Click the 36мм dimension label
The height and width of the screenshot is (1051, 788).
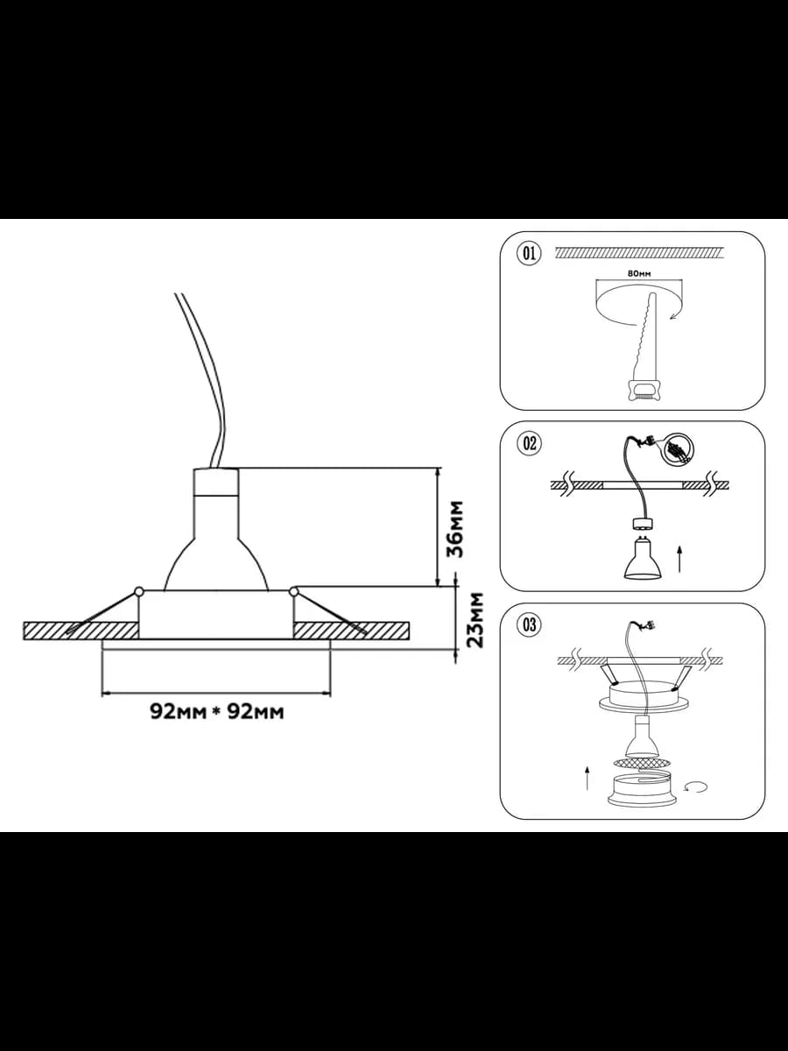(x=454, y=529)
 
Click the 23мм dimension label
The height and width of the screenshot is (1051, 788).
(x=475, y=620)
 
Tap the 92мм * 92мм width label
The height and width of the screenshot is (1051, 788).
(x=217, y=711)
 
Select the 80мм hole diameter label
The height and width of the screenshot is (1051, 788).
(x=639, y=274)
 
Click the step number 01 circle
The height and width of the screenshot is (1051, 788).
(x=530, y=253)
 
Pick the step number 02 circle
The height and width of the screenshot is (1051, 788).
(x=530, y=443)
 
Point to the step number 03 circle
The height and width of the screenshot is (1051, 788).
(x=530, y=624)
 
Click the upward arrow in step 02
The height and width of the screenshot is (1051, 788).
(x=679, y=560)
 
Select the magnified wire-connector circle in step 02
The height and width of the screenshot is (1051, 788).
(x=679, y=450)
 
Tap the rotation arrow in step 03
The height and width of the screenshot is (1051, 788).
(x=697, y=786)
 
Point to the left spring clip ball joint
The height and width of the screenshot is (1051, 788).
(x=138, y=592)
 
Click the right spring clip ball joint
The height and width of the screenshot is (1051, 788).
(x=293, y=592)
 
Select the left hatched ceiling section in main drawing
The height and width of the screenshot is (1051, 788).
(x=81, y=631)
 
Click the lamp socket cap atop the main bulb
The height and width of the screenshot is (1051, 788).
(x=215, y=483)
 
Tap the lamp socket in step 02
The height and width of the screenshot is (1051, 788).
(x=643, y=525)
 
